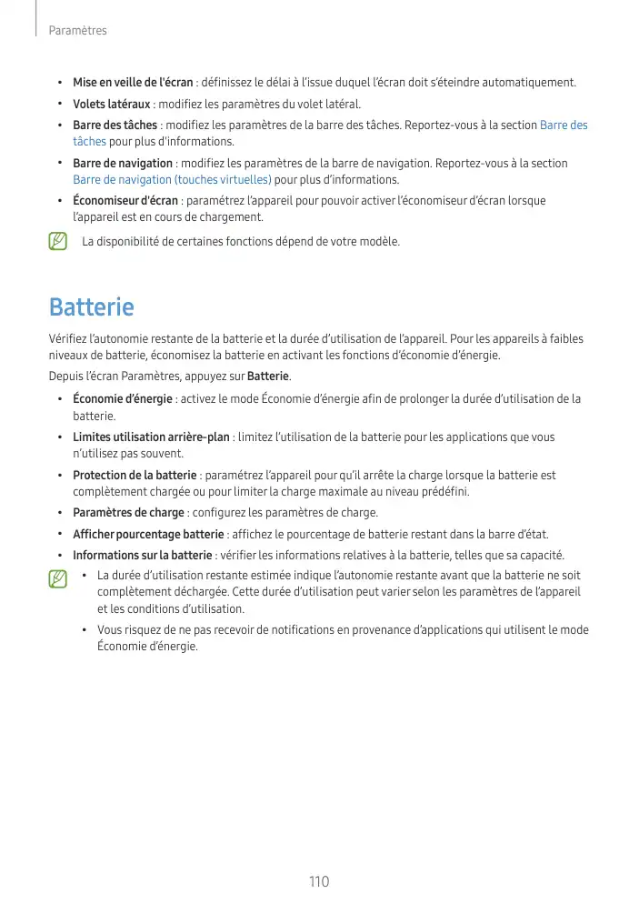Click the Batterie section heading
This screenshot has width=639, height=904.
tap(91, 307)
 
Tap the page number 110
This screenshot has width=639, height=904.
tap(318, 882)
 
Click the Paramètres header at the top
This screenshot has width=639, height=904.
tap(78, 31)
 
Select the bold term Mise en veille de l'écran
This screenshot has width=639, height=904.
tap(133, 83)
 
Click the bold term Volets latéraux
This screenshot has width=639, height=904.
tap(111, 104)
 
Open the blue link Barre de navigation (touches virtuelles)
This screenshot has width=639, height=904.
tap(172, 179)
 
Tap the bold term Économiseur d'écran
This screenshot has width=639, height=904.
tap(125, 201)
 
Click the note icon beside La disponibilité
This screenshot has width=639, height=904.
tap(59, 242)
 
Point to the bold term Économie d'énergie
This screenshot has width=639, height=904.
tap(123, 399)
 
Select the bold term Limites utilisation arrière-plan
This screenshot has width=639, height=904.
tap(151, 437)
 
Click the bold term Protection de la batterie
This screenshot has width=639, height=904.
tap(135, 476)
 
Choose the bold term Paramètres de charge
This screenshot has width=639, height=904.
tap(129, 514)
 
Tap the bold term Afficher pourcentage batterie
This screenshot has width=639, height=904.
tap(148, 535)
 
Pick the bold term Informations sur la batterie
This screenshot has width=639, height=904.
tap(144, 556)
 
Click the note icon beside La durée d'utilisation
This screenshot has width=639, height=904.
tap(59, 578)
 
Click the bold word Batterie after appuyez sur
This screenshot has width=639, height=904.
tap(267, 377)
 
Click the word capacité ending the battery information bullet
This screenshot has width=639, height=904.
tap(541, 556)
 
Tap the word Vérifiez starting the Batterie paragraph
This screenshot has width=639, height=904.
tap(69, 339)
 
